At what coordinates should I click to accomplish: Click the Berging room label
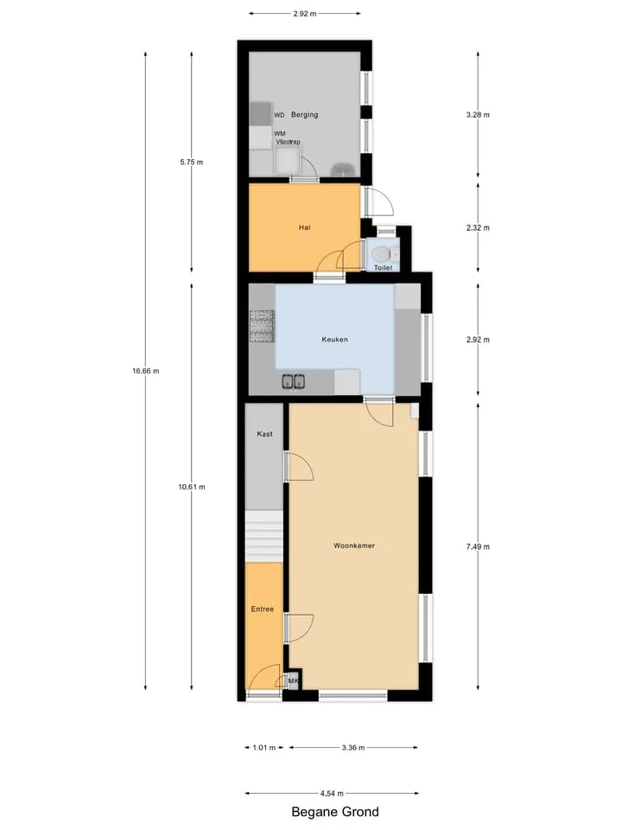coord(305,114)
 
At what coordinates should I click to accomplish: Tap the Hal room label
coord(305,227)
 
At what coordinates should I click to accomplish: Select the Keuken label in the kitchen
coord(335,339)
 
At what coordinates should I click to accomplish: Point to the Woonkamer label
coord(354,546)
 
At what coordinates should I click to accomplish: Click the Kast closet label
coord(264,433)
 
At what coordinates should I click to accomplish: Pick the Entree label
coord(263,609)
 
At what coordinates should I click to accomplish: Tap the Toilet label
coord(383,267)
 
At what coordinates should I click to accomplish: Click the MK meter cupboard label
coord(293,680)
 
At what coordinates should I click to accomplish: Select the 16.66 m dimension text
coord(145,371)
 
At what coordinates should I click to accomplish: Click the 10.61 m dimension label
coord(192,487)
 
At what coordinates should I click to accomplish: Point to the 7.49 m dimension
coord(478,546)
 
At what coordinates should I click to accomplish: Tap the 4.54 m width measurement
coord(332,793)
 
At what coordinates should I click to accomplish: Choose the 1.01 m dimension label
coord(264,747)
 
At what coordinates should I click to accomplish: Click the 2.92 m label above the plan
coord(305,14)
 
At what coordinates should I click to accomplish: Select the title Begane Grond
coord(335,812)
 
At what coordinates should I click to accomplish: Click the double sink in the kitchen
coord(293,381)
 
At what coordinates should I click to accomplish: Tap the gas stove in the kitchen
coord(262,326)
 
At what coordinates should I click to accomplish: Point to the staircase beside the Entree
coord(264,536)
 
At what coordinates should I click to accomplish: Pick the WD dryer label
coord(279,115)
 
